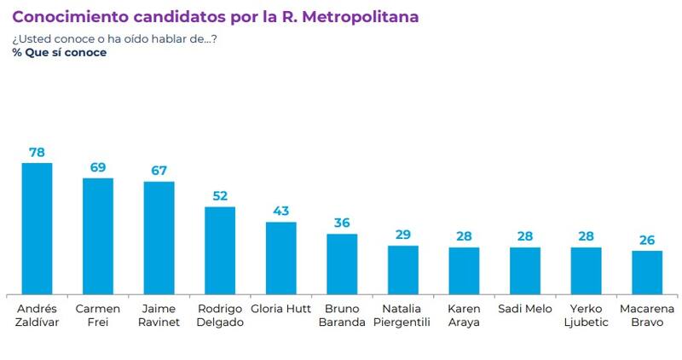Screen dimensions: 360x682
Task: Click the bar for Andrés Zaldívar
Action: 37,228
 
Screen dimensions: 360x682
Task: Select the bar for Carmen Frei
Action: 97,235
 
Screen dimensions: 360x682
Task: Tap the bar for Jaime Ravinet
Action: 159,237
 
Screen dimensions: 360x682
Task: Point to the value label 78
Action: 37,152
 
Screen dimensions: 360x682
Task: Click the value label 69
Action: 97,167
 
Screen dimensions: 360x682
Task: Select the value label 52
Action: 220,195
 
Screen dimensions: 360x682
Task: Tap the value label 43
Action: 280,211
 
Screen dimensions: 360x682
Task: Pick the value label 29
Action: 403,235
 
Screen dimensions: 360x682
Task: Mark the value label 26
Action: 647,240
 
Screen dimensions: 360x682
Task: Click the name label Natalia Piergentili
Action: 403,315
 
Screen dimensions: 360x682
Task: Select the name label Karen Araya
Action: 464,315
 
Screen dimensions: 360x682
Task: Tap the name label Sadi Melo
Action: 525,309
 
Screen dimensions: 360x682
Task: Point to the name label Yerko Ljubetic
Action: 587,315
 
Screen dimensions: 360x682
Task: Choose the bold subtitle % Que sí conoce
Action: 60,52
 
